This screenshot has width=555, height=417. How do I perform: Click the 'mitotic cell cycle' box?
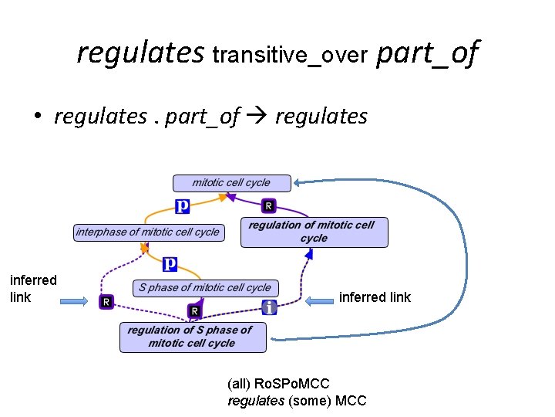pyautogui.click(x=231, y=183)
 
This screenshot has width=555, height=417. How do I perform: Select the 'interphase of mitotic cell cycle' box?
pyautogui.click(x=147, y=232)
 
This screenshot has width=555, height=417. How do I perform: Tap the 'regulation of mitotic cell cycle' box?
pyautogui.click(x=314, y=232)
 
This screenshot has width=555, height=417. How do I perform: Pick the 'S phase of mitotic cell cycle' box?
pyautogui.click(x=205, y=288)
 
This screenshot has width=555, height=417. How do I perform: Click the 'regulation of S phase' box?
pyautogui.click(x=192, y=337)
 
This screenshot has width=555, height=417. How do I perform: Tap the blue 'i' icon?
pyautogui.click(x=268, y=307)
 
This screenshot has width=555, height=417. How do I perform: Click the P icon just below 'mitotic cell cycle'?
pyautogui.click(x=183, y=205)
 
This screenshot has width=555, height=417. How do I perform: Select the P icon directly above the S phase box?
pyautogui.click(x=170, y=264)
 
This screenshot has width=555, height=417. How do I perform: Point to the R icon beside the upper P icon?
pyautogui.click(x=268, y=205)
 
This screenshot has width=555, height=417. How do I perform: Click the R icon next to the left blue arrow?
pyautogui.click(x=106, y=302)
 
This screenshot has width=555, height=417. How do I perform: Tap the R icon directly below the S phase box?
pyautogui.click(x=195, y=310)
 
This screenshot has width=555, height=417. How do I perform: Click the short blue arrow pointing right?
pyautogui.click(x=75, y=302)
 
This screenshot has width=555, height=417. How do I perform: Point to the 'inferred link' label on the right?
pyautogui.click(x=375, y=297)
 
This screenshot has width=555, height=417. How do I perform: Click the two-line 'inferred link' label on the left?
pyautogui.click(x=33, y=288)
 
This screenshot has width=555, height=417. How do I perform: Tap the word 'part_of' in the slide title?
pyautogui.click(x=427, y=53)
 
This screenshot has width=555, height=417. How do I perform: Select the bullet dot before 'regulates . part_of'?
pyautogui.click(x=36, y=117)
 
